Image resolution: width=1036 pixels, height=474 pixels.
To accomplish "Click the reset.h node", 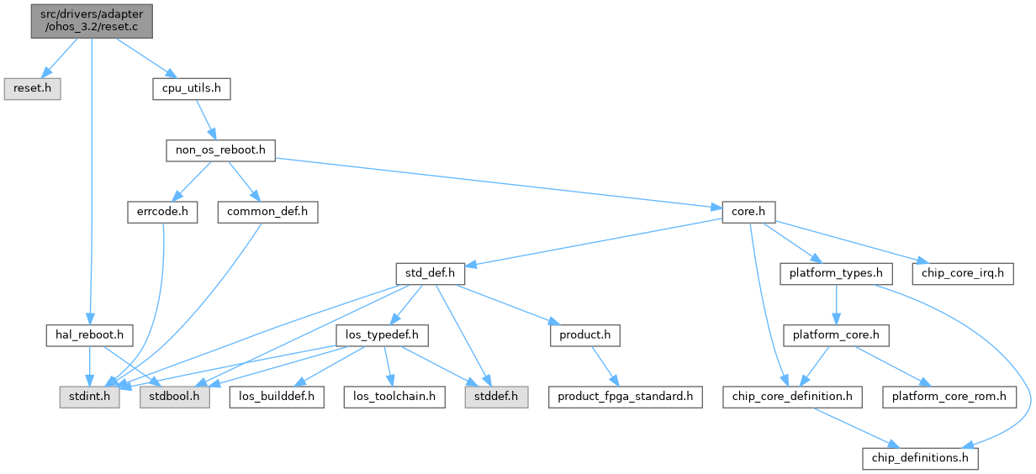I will (32, 88).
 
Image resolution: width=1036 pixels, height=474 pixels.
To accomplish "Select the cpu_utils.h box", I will (191, 88).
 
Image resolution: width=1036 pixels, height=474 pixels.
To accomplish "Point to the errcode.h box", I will (161, 212).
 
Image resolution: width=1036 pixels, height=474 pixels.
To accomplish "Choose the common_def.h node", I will (267, 212).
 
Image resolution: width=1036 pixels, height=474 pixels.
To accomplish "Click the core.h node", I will (748, 212).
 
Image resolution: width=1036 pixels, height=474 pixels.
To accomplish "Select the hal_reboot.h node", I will (89, 335).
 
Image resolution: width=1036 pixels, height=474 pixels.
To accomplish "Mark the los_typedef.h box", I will (382, 335).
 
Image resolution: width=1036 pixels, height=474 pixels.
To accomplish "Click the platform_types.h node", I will (836, 273).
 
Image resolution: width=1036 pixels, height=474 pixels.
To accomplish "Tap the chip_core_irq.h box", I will (963, 273).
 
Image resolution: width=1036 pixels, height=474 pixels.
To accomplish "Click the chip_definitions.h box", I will (920, 458).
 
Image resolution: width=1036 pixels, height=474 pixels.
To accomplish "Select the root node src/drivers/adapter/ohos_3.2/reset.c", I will (92, 18).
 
